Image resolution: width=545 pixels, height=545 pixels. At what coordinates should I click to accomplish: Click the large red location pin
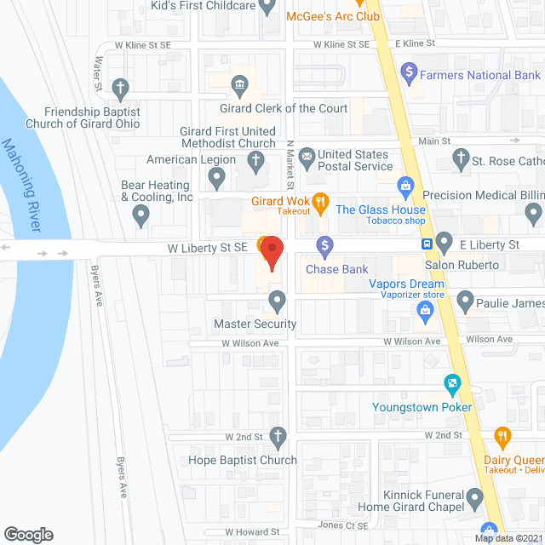click(272, 253)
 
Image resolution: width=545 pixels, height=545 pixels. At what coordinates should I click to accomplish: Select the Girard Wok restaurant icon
click(320, 202)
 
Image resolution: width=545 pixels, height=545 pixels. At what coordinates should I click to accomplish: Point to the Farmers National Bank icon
click(409, 71)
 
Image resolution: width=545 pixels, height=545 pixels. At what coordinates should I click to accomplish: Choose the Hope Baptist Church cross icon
click(277, 439)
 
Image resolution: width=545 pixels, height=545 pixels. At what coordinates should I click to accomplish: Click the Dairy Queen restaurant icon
click(502, 439)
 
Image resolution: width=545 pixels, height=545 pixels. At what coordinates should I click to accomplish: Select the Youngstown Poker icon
click(452, 385)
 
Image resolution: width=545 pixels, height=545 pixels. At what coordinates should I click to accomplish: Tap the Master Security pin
click(277, 300)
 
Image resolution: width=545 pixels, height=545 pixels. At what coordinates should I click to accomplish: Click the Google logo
click(28, 534)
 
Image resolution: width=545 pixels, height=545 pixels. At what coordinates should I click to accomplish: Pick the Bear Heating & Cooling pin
click(142, 217)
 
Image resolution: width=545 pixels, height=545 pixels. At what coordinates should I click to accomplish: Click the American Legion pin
click(216, 178)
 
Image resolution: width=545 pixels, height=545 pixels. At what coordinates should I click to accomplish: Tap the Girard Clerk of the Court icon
click(239, 85)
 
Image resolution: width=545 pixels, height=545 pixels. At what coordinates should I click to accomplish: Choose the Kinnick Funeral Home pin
click(477, 496)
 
